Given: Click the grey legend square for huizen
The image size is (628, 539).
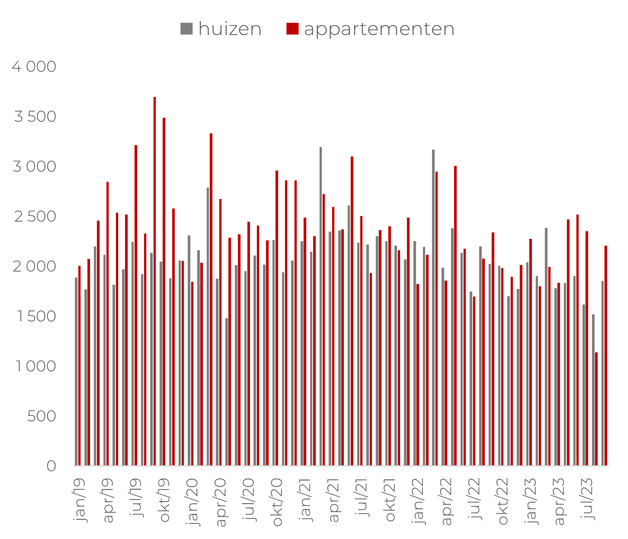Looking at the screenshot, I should coord(186,29).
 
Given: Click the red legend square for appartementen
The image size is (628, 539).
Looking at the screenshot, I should coord(292,29).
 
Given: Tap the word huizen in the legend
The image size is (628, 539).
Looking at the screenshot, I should coord(230,29).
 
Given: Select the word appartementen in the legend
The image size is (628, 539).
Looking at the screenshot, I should coord(379,29).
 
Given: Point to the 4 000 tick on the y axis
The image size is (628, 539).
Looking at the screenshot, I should coord(34,66).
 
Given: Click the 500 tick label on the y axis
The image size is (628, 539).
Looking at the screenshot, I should coord(41,416).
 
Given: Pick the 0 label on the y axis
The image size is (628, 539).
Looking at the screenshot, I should coord(51,466).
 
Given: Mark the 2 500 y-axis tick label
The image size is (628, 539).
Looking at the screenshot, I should coord(35,216).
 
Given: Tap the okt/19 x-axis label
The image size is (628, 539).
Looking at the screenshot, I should coord(165,500).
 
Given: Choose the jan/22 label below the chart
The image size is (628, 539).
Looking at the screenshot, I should coord(418,501).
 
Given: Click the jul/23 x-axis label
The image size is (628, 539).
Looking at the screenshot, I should coord(587,498).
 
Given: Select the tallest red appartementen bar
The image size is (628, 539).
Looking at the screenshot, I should coord(155,281).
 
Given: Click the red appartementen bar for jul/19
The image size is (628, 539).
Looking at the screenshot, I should coord(136,305).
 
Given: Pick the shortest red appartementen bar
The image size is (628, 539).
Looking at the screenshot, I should coord(596,409).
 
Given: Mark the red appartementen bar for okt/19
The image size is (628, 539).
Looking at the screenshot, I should coord(164,292).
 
